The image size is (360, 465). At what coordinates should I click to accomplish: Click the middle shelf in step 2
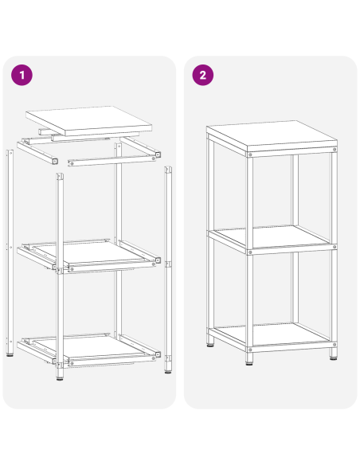coord(271,236)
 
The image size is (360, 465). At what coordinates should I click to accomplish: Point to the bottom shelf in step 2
coord(271,334)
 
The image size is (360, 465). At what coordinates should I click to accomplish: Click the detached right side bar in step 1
coord(168,263)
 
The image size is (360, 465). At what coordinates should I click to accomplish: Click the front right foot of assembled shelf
coord(331,356)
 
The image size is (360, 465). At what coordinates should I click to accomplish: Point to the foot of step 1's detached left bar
coord(10,355)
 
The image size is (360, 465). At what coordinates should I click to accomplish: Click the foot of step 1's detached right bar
coord(168,370)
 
